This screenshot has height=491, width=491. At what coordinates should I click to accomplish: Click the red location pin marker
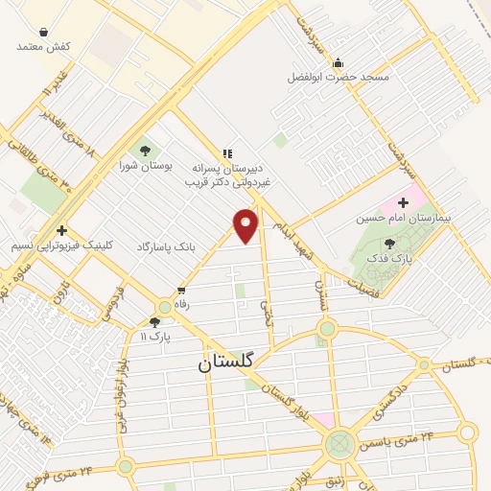(246, 224)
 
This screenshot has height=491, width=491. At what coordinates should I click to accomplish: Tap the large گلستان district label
(225, 362)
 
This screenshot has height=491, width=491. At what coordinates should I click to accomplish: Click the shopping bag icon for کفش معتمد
(44, 32)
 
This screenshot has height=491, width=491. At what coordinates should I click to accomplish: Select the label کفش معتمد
(44, 46)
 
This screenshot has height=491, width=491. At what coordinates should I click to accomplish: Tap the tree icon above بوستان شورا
(145, 150)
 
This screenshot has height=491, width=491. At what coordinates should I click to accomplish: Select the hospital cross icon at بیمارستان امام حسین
(403, 202)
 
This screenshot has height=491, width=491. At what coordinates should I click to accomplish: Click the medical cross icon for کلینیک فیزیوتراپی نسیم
(61, 230)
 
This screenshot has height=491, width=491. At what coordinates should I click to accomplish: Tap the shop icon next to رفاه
(180, 291)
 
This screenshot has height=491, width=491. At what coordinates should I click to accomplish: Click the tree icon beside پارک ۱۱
(155, 322)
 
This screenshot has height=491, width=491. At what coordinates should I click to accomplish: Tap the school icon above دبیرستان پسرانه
(227, 152)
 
